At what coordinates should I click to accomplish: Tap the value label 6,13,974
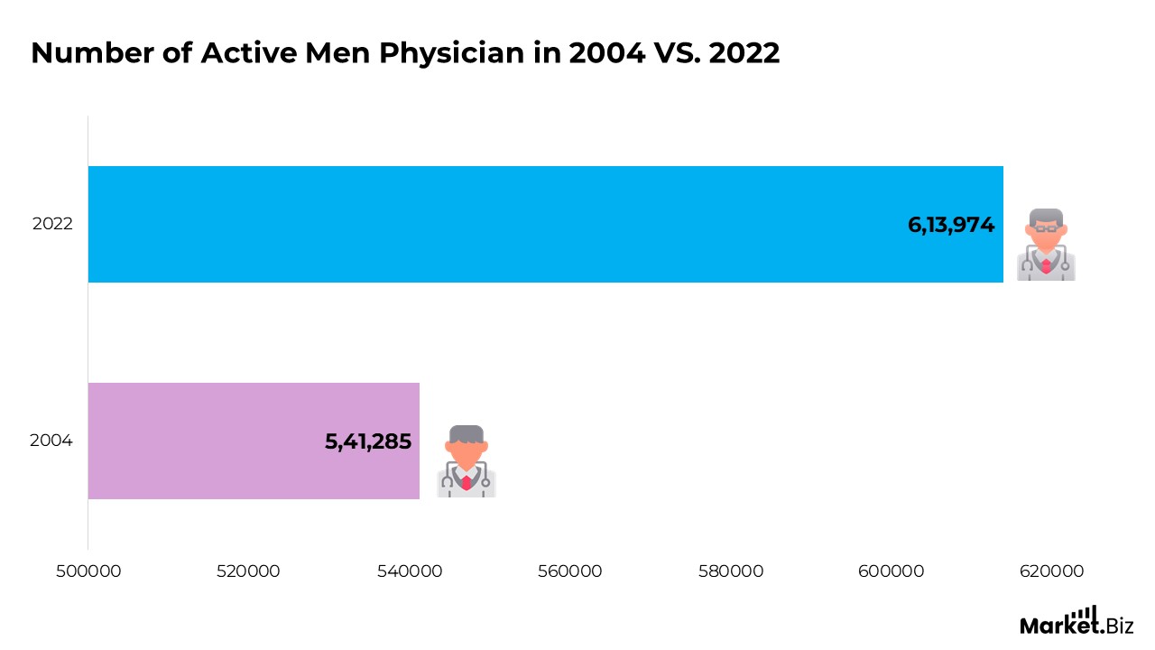(951, 225)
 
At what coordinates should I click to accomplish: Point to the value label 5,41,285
(368, 441)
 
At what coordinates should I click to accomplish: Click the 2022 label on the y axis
(52, 224)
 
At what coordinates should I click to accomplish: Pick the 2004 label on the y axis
(51, 441)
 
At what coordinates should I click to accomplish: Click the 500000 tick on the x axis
(88, 571)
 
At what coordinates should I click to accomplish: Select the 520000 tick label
(248, 571)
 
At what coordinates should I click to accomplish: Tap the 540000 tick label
(409, 571)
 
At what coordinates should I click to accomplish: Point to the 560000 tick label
(569, 571)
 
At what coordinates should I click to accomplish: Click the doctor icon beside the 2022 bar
(1046, 244)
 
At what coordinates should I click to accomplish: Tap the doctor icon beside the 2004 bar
(467, 460)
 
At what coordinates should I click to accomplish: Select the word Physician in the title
(451, 54)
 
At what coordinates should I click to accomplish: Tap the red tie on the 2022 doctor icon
(1046, 265)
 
